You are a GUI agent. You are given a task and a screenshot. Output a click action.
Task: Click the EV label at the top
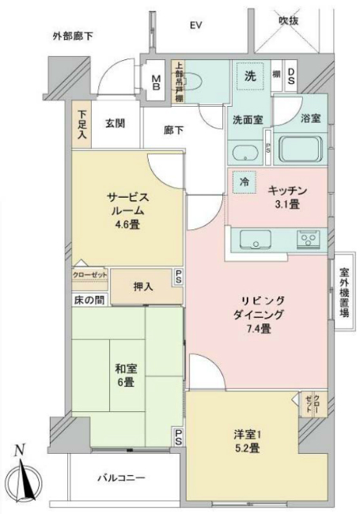[x=195, y=25]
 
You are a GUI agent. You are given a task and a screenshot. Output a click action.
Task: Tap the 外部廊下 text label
[x=73, y=36]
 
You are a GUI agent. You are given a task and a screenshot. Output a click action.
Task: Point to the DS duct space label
[x=291, y=77]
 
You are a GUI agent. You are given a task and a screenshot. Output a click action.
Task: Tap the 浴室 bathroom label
[x=310, y=119]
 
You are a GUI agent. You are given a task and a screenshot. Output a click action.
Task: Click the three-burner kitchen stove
[x=309, y=240]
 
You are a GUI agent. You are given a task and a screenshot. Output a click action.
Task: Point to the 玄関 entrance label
[x=116, y=123]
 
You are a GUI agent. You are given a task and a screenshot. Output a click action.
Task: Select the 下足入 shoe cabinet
[x=82, y=126]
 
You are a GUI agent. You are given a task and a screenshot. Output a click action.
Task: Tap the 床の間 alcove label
[x=89, y=300]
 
